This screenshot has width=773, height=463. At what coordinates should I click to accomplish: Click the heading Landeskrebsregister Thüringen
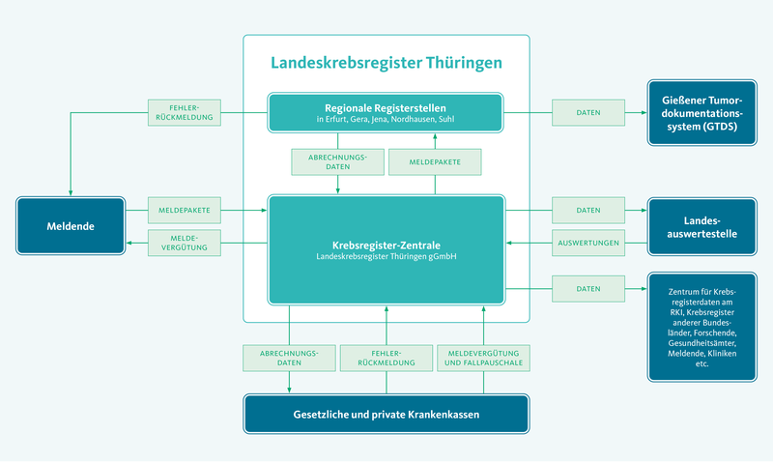[386, 65]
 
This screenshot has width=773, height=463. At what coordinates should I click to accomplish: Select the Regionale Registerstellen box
[386, 112]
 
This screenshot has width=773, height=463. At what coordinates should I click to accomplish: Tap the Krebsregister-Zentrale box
[386, 251]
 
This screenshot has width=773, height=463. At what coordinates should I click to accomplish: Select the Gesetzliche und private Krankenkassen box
[386, 415]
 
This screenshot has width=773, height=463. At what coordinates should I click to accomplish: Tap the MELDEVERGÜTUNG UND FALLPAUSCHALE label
[482, 358]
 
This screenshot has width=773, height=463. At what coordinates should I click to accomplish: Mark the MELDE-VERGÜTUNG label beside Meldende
[184, 242]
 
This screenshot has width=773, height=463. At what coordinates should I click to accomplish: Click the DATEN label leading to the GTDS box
[588, 112]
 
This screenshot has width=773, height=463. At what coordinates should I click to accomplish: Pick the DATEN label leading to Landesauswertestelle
[588, 209]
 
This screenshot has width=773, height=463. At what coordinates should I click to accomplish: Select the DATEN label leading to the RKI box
[588, 288]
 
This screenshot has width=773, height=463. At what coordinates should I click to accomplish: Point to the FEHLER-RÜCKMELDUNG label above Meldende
[184, 112]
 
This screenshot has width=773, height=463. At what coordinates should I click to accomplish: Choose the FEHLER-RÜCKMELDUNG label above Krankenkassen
[386, 358]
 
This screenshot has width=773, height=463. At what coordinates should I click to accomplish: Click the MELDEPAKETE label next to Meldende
[184, 209]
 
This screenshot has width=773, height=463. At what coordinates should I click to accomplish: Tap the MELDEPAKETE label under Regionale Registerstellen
[434, 161]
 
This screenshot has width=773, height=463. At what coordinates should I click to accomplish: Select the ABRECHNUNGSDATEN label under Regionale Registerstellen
[337, 161]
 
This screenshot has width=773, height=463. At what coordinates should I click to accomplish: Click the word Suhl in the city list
[445, 120]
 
